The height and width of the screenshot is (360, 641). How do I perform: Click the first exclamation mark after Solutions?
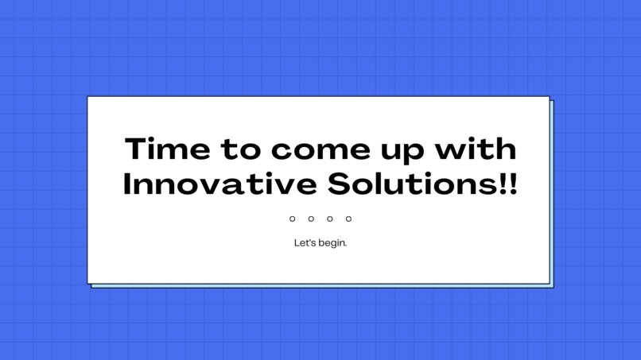tap(503, 184)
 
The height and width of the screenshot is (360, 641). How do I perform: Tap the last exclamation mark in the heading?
tap(512, 184)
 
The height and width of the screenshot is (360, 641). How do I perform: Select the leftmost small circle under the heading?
tap(293, 219)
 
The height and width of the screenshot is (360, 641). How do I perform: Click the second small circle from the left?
tap(311, 219)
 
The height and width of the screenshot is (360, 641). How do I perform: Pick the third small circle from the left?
tap(329, 219)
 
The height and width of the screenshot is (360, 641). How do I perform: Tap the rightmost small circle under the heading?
tap(348, 219)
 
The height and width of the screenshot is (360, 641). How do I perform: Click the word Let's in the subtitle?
tap(305, 242)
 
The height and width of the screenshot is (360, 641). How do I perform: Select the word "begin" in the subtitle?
tap(332, 243)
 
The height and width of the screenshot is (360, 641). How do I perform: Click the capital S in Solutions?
tap(338, 184)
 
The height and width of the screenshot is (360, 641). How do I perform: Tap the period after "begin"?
tap(346, 245)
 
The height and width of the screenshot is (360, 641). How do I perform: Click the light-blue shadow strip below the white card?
tap(318, 286)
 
